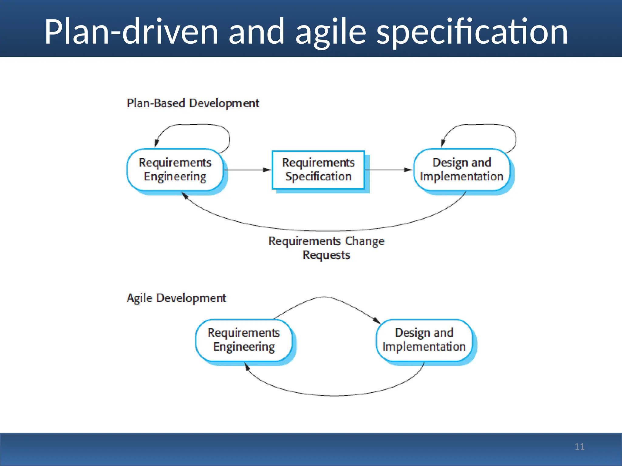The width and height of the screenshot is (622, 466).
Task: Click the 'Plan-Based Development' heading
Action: click(193, 103)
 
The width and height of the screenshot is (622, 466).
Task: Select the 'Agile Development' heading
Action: click(176, 298)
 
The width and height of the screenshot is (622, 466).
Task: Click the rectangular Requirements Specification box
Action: click(318, 170)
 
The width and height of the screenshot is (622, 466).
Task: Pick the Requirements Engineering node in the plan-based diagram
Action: click(175, 170)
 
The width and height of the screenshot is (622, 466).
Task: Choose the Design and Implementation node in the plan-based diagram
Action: click(461, 170)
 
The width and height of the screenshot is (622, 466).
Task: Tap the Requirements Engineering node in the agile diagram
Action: click(244, 340)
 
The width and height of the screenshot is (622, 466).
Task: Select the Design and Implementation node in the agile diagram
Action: click(424, 340)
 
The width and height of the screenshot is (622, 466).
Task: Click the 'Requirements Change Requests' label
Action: click(326, 248)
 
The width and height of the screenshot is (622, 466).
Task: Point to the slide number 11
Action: click(579, 447)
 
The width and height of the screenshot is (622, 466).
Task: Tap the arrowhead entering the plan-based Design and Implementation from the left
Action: click(409, 170)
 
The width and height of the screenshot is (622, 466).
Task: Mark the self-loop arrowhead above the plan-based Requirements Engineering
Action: click(156, 143)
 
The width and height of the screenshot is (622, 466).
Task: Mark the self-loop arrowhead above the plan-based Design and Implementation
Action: click(443, 143)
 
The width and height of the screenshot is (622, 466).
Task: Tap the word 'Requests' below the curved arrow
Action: click(326, 255)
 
